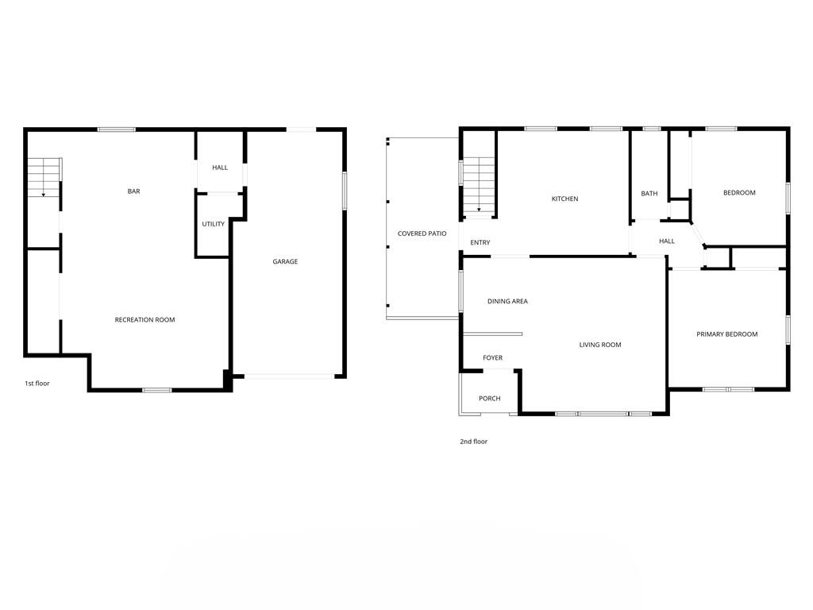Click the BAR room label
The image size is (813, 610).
[133, 191]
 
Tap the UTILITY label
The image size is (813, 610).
[213, 224]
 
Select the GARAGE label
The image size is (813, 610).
[285, 261]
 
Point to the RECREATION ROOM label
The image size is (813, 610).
[144, 319]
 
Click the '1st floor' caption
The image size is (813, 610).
[37, 384]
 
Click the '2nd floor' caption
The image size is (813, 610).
[473, 442]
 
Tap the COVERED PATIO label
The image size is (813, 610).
[422, 234]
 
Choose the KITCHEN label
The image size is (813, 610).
[564, 199]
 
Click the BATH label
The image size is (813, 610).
[649, 194]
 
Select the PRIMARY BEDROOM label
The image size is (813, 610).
[727, 334]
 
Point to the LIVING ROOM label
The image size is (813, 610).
[600, 345]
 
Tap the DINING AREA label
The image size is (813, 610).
[507, 301]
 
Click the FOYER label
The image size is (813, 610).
[492, 358]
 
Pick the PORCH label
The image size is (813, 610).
[489, 399]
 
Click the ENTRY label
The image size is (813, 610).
[480, 242]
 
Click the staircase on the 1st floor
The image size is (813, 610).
[44, 177]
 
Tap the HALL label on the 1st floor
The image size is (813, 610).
[220, 168]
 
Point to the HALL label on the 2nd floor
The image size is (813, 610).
[667, 241]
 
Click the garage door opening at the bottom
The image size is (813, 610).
[289, 376]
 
